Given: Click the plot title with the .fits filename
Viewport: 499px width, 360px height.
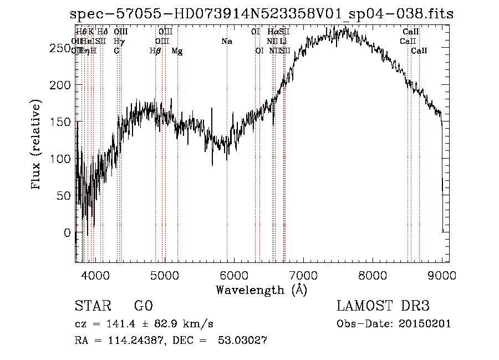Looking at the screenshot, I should click(x=262, y=14).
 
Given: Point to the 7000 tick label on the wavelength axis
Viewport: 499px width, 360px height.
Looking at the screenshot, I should click(x=303, y=274).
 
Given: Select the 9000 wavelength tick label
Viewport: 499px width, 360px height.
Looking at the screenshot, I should click(x=442, y=274).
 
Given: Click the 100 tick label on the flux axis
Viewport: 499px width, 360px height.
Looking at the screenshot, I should click(x=63, y=159).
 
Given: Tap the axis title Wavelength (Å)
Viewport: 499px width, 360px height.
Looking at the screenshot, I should click(x=261, y=290).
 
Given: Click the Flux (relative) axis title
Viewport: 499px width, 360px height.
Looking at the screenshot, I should click(x=37, y=145).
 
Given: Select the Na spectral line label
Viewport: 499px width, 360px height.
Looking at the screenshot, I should click(x=226, y=42).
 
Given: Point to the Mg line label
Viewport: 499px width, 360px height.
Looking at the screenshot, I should click(x=177, y=51).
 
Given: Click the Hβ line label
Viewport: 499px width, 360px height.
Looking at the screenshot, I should click(x=155, y=51).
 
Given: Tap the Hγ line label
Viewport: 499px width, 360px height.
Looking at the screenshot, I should click(x=119, y=42).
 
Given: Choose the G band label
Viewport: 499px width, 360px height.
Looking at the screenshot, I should click(x=116, y=51).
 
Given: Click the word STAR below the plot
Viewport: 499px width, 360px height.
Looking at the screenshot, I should click(x=91, y=306).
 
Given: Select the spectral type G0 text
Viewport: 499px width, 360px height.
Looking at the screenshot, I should click(x=143, y=306).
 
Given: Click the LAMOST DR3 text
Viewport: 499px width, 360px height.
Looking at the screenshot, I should click(x=383, y=306).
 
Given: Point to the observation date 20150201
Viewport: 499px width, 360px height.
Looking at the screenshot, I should click(x=426, y=324).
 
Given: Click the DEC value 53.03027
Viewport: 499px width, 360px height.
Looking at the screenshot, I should click(x=243, y=341).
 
